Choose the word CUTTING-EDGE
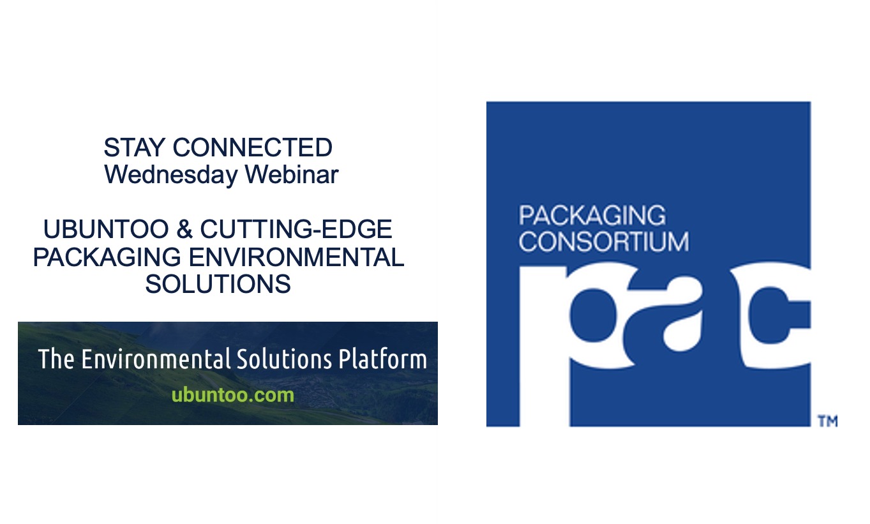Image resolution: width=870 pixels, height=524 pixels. pyautogui.click(x=296, y=230)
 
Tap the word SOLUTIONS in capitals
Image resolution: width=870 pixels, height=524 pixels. pyautogui.click(x=218, y=284)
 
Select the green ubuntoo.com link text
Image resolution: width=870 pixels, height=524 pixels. pyautogui.click(x=233, y=395)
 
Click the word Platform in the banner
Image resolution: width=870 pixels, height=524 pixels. pyautogui.click(x=382, y=359)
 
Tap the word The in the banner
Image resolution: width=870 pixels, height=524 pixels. pyautogui.click(x=56, y=359)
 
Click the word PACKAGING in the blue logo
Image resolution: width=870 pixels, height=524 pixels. pyautogui.click(x=592, y=216)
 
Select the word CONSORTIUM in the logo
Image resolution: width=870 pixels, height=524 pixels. pyautogui.click(x=604, y=242)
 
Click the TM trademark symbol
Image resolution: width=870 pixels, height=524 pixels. pyautogui.click(x=827, y=421)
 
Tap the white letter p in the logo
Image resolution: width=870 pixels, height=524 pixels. pyautogui.click(x=562, y=319)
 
